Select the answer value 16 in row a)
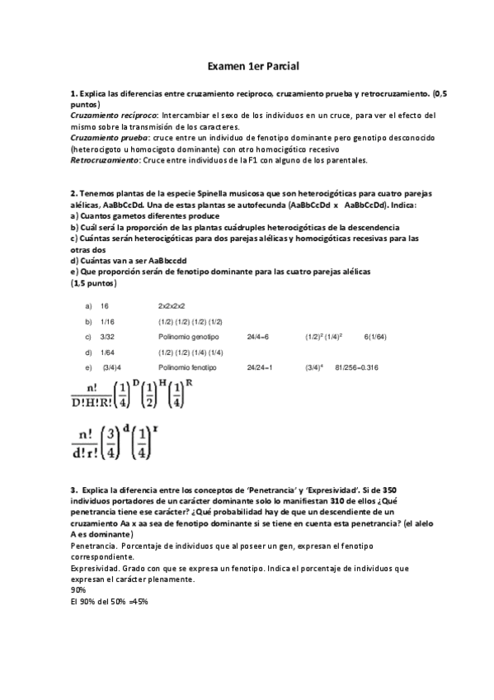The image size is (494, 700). pos(105,305)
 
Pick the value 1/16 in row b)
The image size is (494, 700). pos(107,321)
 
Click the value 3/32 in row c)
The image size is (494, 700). pos(107,337)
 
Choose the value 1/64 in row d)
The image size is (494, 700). pos(107,352)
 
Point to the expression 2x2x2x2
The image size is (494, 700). pos(172,305)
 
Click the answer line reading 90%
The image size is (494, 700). pos(78,590)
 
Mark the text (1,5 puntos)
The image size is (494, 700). pos(94,283)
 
